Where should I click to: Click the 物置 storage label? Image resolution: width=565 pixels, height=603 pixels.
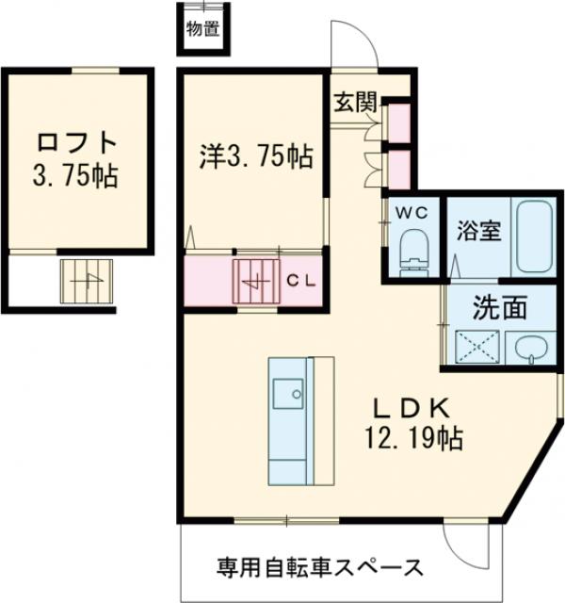[x=203, y=28]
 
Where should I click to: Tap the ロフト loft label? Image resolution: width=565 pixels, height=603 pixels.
[x=77, y=143]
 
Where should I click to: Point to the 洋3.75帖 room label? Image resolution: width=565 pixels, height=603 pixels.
[x=255, y=155]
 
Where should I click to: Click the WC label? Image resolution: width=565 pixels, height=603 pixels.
[x=412, y=212]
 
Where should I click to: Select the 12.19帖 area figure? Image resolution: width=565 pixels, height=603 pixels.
[x=415, y=437]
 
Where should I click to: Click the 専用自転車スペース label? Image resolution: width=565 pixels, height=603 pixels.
[x=319, y=568]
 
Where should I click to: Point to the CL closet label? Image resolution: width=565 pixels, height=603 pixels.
[x=301, y=280]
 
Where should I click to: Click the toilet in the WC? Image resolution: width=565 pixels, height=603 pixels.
[x=412, y=251]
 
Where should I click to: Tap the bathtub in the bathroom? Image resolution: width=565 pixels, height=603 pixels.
[x=535, y=236]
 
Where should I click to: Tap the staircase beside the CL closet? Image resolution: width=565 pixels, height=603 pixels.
[x=256, y=279]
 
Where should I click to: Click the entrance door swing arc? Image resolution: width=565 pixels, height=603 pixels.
[x=350, y=42]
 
